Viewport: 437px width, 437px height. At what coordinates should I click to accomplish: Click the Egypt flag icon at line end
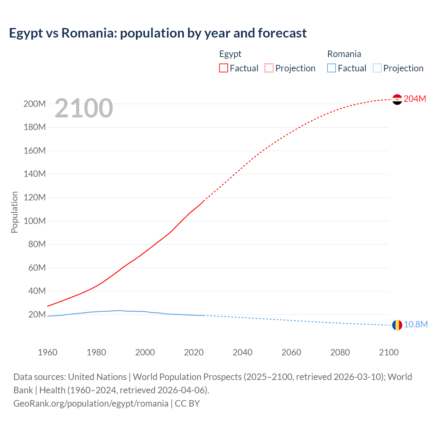click(397, 99)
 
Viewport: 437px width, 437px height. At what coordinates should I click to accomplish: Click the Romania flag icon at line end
click(397, 325)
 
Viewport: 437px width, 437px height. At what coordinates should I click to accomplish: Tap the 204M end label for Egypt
click(415, 99)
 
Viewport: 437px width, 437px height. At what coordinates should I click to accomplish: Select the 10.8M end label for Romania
click(415, 325)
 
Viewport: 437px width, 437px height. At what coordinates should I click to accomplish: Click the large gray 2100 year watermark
click(84, 108)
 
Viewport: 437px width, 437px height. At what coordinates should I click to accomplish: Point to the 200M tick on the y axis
click(34, 104)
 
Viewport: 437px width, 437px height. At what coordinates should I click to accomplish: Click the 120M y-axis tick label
click(34, 198)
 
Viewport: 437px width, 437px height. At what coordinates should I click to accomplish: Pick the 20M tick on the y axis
click(37, 315)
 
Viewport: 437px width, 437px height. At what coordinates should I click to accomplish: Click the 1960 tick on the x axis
click(47, 353)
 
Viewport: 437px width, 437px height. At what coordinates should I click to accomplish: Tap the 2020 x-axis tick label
click(194, 353)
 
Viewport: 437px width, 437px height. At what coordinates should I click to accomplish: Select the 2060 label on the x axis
click(291, 353)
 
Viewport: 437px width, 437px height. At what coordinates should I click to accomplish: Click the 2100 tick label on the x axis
click(389, 353)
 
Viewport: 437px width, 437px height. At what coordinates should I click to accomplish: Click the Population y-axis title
click(14, 212)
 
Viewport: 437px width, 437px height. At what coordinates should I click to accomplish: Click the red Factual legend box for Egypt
click(224, 68)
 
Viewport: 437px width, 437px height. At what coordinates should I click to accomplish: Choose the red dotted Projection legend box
click(269, 68)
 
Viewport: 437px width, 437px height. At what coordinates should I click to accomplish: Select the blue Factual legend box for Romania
click(332, 68)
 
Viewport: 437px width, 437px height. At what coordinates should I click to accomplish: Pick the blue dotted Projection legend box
click(377, 68)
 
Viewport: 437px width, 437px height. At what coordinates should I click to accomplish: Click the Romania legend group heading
click(344, 54)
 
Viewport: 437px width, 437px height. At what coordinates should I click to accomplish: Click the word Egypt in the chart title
click(26, 33)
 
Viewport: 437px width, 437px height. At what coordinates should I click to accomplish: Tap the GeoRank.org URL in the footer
click(91, 404)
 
